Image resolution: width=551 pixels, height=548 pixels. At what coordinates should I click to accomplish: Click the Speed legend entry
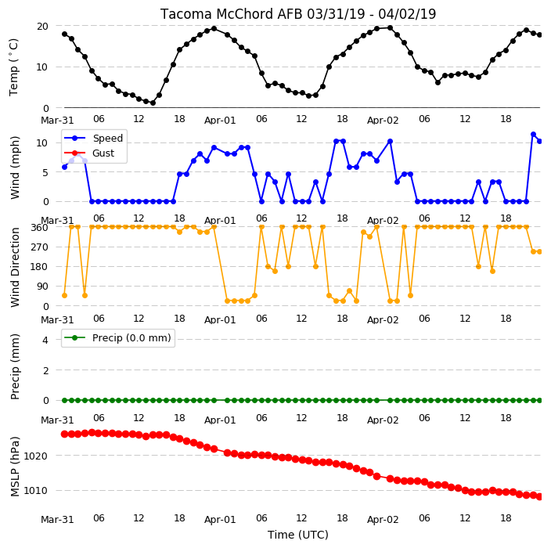(93, 138)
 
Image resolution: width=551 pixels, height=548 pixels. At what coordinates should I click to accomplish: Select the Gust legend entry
(89, 153)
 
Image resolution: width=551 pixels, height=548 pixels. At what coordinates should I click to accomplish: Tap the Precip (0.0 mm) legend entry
(117, 337)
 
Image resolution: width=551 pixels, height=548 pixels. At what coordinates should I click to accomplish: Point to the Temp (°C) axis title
(13, 67)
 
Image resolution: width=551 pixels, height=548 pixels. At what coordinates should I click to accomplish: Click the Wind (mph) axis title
(15, 168)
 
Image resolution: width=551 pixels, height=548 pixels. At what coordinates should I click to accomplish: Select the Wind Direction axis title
(15, 268)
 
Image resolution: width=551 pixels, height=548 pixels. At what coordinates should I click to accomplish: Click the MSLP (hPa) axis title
(15, 467)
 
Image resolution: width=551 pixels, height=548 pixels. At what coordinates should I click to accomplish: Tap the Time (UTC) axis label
(298, 535)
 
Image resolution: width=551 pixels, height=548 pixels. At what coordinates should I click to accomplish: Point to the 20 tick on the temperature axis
(42, 27)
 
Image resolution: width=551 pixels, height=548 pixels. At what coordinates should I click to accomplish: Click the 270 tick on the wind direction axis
(40, 247)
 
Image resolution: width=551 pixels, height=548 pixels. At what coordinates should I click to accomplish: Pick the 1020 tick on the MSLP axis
(35, 456)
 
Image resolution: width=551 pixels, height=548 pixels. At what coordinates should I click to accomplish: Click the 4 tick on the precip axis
(45, 340)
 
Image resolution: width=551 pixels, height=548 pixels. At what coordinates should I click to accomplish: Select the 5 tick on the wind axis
(45, 172)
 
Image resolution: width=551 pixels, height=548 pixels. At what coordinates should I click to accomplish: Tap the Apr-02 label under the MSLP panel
(383, 520)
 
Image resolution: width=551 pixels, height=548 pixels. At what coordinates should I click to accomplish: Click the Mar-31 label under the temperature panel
(57, 121)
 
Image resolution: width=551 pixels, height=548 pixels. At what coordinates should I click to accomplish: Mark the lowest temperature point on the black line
(153, 103)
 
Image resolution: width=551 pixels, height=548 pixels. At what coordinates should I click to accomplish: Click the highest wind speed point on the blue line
(533, 135)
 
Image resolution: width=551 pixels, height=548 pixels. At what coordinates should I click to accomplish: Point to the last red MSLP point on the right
(540, 496)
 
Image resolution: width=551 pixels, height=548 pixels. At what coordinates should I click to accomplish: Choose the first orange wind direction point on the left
(64, 296)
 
